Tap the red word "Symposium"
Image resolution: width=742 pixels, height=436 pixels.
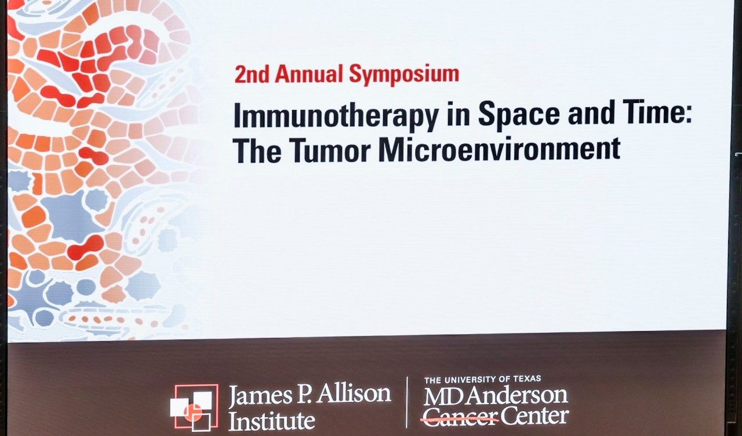click(x=404, y=75)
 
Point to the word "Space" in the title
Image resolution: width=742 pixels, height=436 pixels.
click(x=519, y=115)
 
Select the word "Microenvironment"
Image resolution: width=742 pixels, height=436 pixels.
click(x=499, y=149)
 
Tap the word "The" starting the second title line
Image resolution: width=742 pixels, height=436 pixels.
click(x=257, y=150)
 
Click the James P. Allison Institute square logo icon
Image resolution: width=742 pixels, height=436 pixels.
click(x=194, y=408)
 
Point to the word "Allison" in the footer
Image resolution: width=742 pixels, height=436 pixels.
click(x=354, y=394)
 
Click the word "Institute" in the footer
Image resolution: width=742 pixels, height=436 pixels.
click(x=272, y=420)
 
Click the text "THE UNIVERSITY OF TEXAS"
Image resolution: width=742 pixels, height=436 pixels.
click(x=483, y=379)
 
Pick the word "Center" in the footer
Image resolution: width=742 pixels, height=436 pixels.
click(x=534, y=417)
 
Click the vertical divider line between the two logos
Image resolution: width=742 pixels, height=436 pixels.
click(x=407, y=402)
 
